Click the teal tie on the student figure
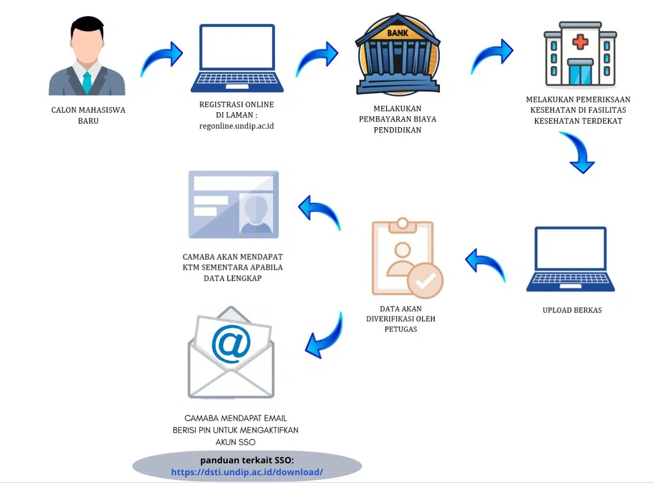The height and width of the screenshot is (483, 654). tap(87, 82)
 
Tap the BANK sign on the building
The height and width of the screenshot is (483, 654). tap(397, 33)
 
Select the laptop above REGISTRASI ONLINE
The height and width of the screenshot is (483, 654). tap(237, 57)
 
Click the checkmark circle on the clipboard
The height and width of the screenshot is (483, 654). tap(425, 280)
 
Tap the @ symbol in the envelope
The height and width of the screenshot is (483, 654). tap(231, 344)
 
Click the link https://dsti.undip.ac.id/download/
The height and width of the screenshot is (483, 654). tap(247, 472)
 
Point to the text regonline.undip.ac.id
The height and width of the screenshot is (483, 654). tap(236, 126)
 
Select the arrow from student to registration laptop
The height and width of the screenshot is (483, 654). tap(161, 58)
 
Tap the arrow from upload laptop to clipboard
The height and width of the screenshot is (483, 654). tap(485, 264)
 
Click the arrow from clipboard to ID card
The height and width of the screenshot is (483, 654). tap(319, 212)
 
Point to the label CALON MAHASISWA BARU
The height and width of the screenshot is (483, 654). tap(88, 115)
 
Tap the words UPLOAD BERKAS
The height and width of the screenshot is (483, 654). tap(572, 310)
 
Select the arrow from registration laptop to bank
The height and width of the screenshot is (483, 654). tap(316, 58)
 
